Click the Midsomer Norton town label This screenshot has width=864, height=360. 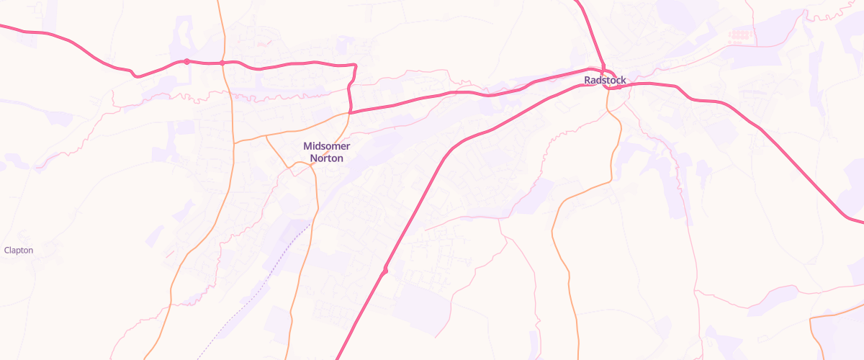pos(323,152)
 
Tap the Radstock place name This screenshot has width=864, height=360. pos(606,80)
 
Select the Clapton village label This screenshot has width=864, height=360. pos(19,251)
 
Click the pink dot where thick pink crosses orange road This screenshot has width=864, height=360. pos(222,63)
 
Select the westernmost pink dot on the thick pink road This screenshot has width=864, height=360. pos(186,61)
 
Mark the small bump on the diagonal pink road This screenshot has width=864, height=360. pos(385,271)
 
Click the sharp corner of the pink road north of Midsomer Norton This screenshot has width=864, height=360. pos(356,66)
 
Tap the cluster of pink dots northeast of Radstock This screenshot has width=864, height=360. pos(739,34)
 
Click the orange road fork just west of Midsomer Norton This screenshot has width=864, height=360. pos(266,135)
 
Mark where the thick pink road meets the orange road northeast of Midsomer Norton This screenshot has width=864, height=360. pos(350,113)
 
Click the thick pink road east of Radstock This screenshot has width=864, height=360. pos(756,126)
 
